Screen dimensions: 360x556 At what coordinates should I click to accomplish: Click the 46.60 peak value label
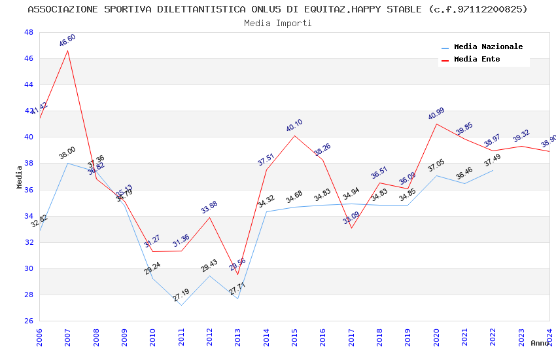67,40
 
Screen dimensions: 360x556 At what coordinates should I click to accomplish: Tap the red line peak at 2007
68,50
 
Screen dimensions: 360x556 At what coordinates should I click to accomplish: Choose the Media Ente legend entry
477,59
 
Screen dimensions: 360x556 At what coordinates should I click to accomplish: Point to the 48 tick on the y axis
28,32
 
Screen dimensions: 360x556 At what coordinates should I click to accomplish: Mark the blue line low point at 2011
181,305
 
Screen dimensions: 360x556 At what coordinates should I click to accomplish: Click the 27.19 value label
181,295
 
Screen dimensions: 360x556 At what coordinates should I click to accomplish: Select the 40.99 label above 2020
436,114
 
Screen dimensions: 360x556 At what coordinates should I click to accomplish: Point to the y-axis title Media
19,177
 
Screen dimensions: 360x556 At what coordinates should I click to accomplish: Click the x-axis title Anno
540,343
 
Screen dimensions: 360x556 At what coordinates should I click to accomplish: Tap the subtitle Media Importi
278,23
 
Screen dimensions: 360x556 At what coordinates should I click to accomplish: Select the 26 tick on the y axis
28,321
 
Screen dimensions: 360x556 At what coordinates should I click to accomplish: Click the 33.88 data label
209,207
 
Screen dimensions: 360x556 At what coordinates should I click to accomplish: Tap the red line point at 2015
295,135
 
